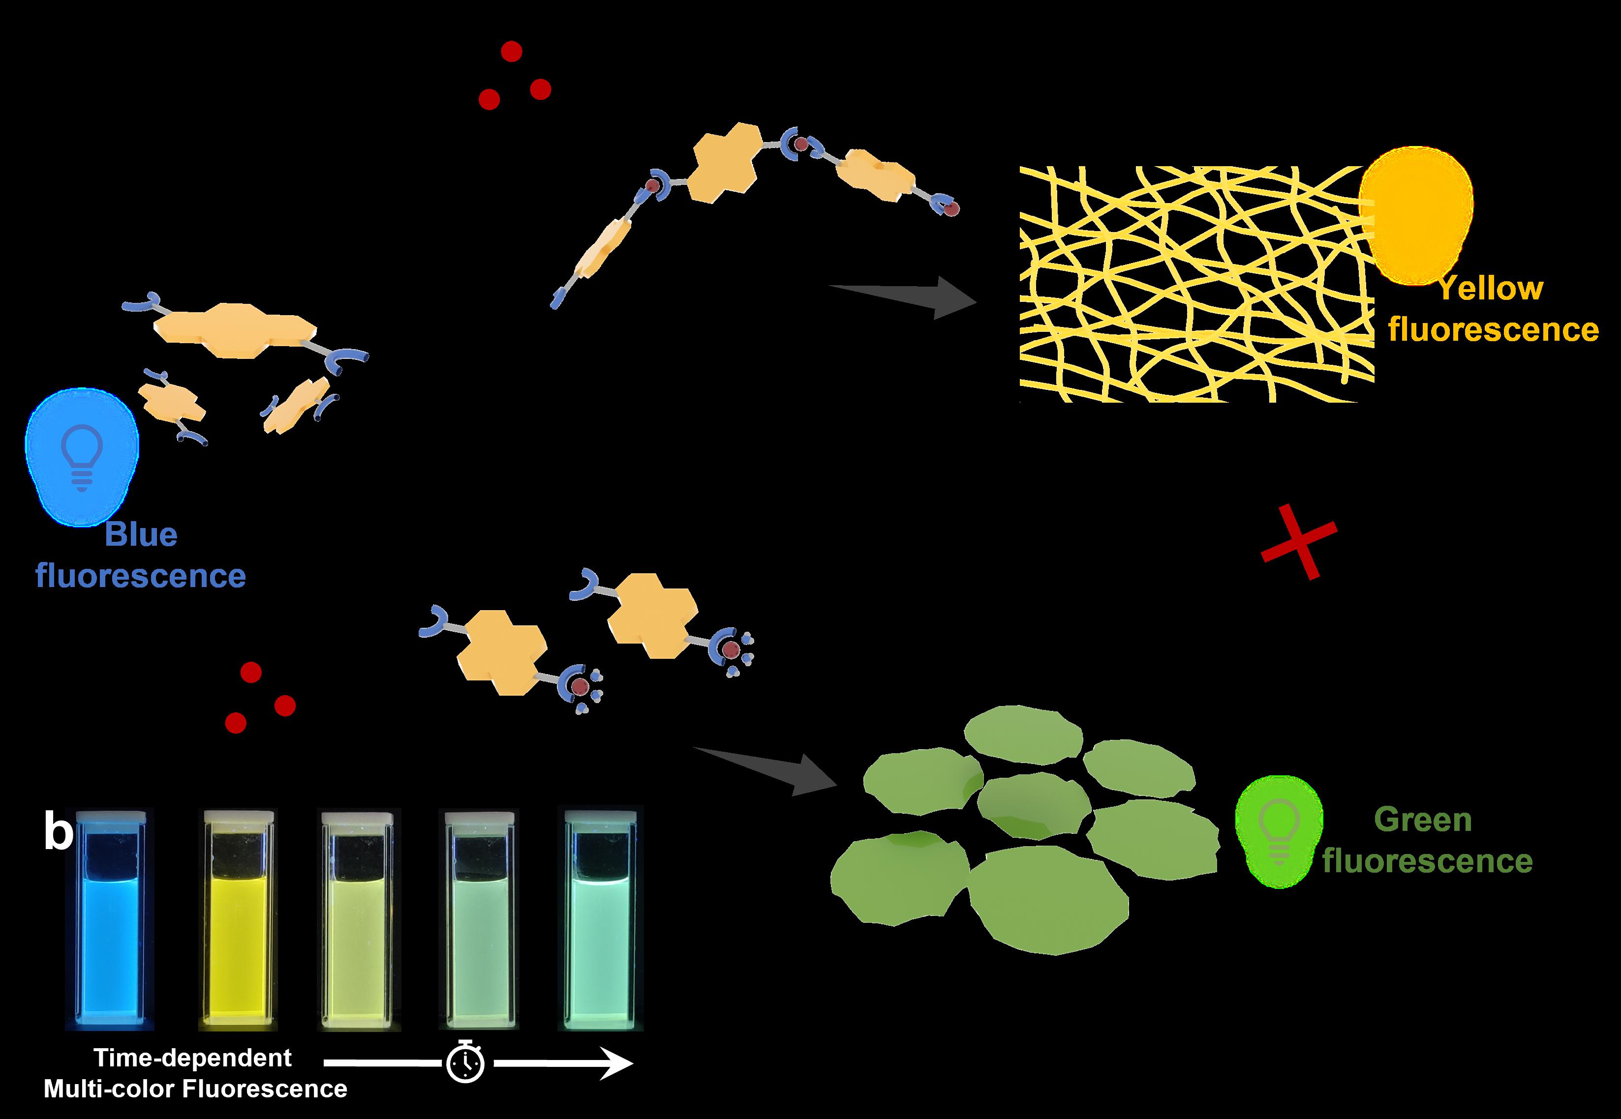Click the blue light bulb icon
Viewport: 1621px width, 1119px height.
pos(82,456)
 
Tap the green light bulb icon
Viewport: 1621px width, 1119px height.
pos(1279,831)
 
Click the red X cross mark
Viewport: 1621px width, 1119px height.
pos(1299,541)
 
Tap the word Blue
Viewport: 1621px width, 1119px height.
pos(141,535)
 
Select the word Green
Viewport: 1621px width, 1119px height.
pos(1423,820)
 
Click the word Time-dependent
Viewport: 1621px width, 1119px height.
pos(193,1058)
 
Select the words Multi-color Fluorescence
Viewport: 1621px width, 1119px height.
pos(196,1089)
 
